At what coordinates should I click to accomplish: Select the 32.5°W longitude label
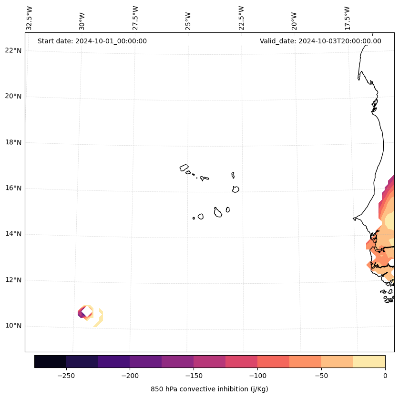[30, 18]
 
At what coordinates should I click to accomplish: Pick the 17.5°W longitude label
[347, 18]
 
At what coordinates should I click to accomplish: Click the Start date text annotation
[92, 41]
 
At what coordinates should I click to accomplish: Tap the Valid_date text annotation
[320, 41]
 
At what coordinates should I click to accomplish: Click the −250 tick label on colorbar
[66, 376]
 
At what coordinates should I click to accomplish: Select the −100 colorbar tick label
[257, 376]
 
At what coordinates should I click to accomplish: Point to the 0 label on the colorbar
[385, 376]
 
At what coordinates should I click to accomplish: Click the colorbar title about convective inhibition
[209, 389]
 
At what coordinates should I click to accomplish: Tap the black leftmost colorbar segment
[50, 361]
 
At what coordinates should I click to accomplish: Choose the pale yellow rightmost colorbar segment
[369, 361]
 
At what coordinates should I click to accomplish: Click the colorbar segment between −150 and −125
[209, 361]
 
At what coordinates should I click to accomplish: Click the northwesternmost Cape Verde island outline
[184, 167]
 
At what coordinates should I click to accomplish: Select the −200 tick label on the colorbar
[130, 376]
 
